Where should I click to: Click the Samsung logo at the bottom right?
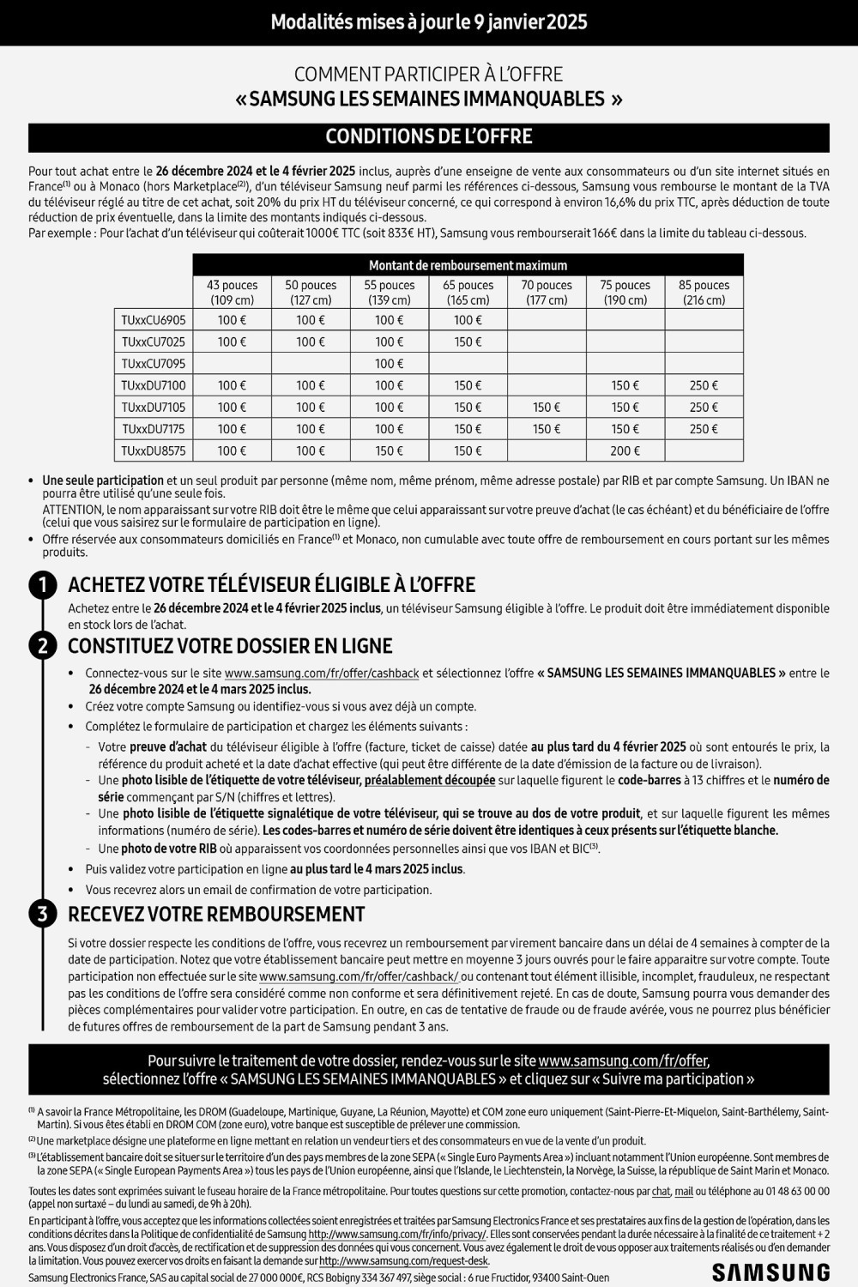click(770, 1272)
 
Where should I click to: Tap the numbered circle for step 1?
click(42, 585)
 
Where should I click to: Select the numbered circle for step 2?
click(42, 645)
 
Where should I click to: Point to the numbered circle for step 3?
click(42, 914)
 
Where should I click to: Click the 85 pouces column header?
click(704, 293)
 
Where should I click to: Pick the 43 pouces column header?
click(232, 293)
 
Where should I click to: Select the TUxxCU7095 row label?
click(154, 364)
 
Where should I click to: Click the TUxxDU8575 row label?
click(154, 450)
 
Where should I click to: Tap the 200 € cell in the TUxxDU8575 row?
click(625, 450)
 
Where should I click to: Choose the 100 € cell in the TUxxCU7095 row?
click(390, 364)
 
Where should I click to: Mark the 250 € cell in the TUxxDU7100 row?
click(704, 385)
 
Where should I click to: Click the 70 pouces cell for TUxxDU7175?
click(547, 429)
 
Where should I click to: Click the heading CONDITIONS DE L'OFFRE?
click(429, 137)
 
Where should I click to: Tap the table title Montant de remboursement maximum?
click(468, 265)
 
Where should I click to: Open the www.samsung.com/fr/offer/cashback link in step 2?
click(322, 674)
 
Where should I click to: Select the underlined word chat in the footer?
click(661, 1191)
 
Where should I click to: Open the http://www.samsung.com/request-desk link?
click(403, 1261)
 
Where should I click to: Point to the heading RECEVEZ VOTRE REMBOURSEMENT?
click(216, 914)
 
